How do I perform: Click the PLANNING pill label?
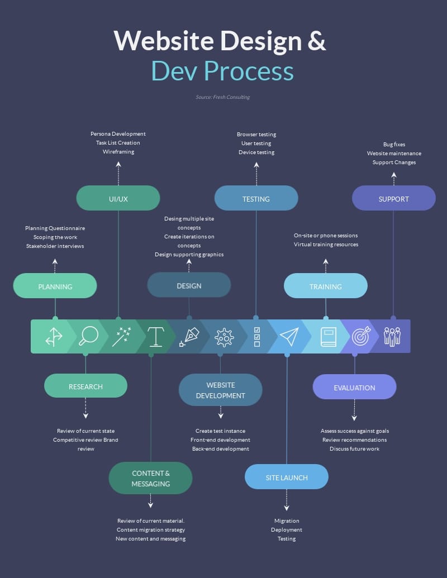(55, 286)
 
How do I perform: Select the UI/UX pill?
(118, 199)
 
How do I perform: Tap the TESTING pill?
(256, 199)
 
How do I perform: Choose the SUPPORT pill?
(393, 199)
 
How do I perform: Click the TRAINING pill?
(325, 286)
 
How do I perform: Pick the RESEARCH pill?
(85, 386)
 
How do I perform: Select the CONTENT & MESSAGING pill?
(150, 479)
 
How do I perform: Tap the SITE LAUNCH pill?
(286, 477)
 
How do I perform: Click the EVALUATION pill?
(354, 388)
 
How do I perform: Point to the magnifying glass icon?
(88, 336)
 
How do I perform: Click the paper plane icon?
(289, 336)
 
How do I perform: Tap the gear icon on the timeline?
(224, 337)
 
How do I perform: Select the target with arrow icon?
(360, 336)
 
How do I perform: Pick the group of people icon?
(392, 336)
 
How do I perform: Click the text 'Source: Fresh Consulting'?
(222, 97)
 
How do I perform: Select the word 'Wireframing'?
(118, 152)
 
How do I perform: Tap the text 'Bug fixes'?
(394, 145)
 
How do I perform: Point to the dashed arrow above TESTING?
(256, 174)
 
